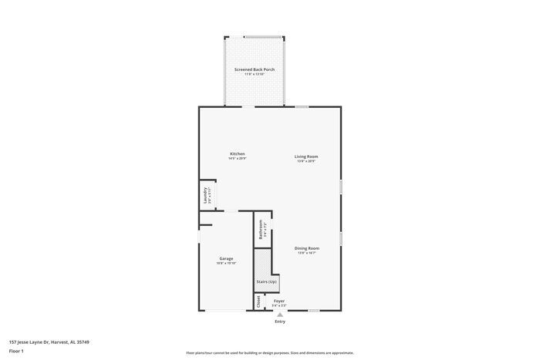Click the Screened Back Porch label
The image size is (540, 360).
coord(255,69)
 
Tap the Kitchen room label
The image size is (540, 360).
coord(237,154)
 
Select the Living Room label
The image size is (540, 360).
coord(306,156)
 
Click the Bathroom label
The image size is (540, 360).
coord(261,229)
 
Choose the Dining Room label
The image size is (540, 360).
coord(306,248)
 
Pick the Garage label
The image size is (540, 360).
coord(226,258)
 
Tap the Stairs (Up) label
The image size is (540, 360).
coord(267,282)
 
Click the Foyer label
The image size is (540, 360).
coord(279,301)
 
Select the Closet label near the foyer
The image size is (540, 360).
coord(258,301)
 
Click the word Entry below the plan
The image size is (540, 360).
coord(279,321)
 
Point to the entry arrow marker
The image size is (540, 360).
coord(279,315)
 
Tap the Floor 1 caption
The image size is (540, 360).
coord(17,351)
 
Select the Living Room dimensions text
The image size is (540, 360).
coord(306,161)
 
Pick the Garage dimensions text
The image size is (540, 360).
coord(226,263)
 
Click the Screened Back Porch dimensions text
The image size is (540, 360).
coord(255,74)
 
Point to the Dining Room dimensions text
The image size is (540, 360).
coord(306,253)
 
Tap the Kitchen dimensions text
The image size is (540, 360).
coord(237,159)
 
